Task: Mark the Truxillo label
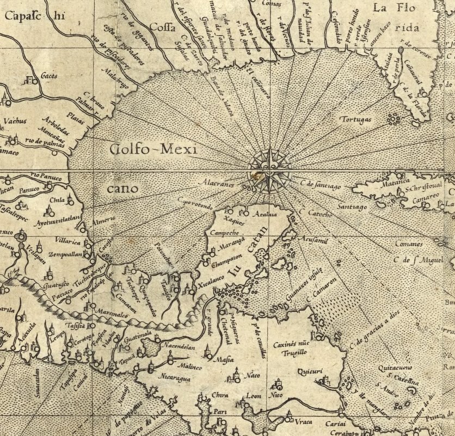click(294, 352)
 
